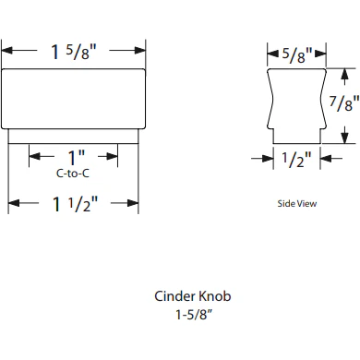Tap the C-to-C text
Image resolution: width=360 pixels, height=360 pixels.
(x=73, y=173)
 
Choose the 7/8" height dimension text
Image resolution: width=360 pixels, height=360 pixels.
(x=343, y=104)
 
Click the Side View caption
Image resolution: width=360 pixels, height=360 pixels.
(x=296, y=204)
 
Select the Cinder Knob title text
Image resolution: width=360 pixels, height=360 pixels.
(x=192, y=297)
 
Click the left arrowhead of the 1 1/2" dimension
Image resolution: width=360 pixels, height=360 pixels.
(x=13, y=202)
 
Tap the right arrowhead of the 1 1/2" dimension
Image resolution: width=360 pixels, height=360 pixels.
(x=135, y=202)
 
